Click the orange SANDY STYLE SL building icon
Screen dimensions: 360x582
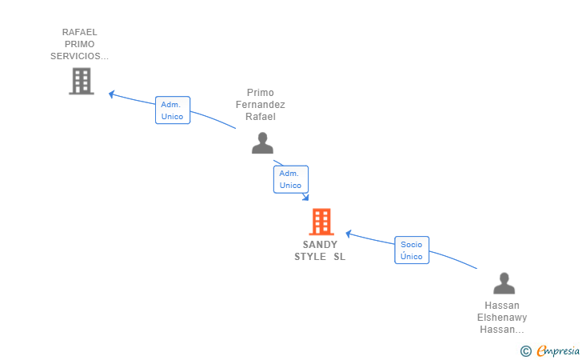coord(321,222)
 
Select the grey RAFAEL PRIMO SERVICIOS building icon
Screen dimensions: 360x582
coord(81,81)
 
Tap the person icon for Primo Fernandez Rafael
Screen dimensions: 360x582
coord(262,142)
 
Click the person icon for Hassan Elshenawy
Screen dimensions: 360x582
coord(504,283)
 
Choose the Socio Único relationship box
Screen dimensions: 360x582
coord(412,250)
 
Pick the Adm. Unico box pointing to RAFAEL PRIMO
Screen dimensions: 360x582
coord(172,110)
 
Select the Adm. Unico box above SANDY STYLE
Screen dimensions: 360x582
coord(290,179)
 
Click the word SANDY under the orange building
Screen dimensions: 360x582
coord(320,245)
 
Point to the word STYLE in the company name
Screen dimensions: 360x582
coord(310,257)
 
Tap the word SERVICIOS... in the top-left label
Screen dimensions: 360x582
coord(79,56)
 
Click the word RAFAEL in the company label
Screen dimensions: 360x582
coord(80,32)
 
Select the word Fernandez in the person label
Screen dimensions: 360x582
coord(261,105)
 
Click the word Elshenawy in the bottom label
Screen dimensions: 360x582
coord(502,318)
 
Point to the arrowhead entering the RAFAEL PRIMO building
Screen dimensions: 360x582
coord(112,94)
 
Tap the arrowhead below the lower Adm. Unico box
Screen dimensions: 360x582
coord(305,198)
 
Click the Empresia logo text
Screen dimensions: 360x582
coord(558,350)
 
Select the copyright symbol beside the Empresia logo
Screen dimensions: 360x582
coord(526,350)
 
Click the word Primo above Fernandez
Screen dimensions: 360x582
coord(261,93)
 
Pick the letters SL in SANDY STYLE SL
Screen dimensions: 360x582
coord(340,257)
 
